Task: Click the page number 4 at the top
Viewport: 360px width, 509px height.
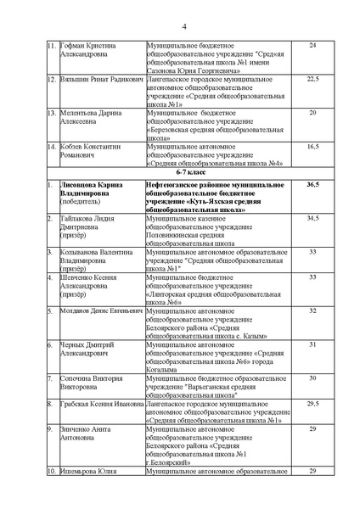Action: point(181,25)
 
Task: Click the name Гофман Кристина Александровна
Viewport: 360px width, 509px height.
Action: point(88,48)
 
